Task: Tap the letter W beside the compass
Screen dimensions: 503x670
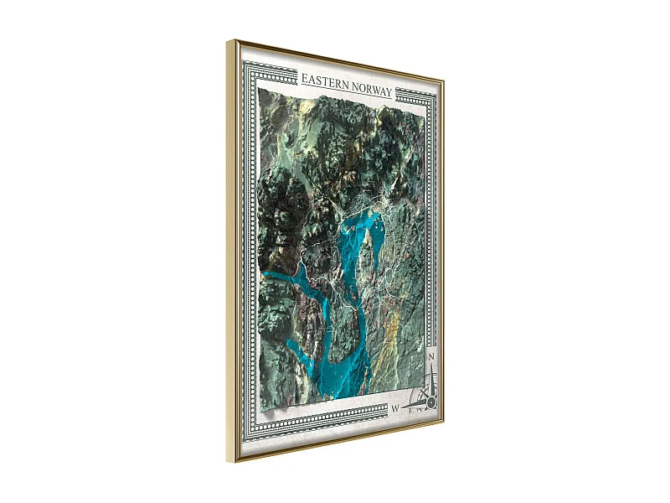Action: [x=394, y=408]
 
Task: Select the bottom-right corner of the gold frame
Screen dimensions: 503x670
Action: [x=443, y=424]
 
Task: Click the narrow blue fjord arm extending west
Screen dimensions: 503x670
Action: [x=285, y=281]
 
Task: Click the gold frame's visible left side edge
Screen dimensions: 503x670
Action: [x=230, y=251]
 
